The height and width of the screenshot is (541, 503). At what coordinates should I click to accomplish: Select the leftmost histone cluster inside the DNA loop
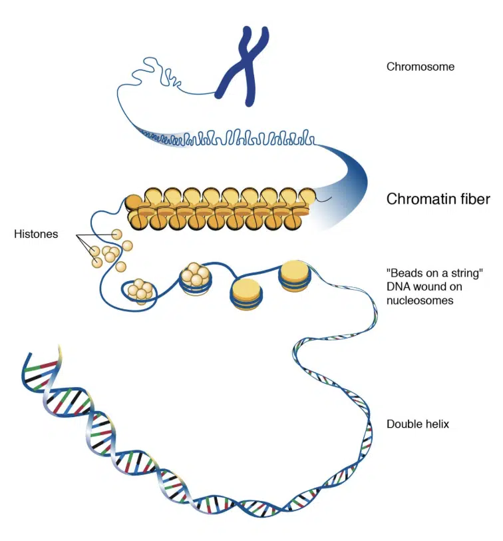pyautogui.click(x=141, y=290)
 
